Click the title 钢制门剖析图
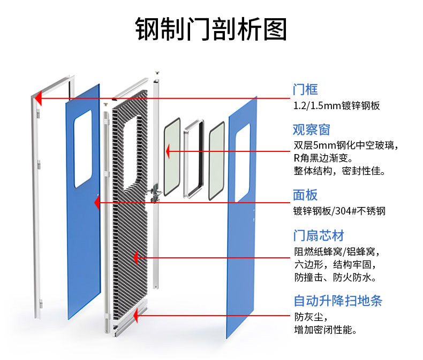pyautogui.click(x=211, y=29)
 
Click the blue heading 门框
pyautogui.click(x=305, y=89)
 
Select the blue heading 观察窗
pyautogui.click(x=311, y=129)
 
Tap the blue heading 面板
pyautogui.click(x=305, y=195)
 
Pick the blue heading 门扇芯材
pyautogui.click(x=318, y=235)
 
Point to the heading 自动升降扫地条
pyautogui.click(x=337, y=300)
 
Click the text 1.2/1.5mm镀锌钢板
pyautogui.click(x=337, y=105)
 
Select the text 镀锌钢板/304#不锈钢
pyautogui.click(x=339, y=211)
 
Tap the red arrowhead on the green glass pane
pyautogui.click(x=168, y=151)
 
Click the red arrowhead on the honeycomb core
pyautogui.click(x=137, y=258)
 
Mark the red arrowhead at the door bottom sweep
pyautogui.click(x=136, y=316)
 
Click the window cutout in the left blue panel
pyautogui.click(x=83, y=151)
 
